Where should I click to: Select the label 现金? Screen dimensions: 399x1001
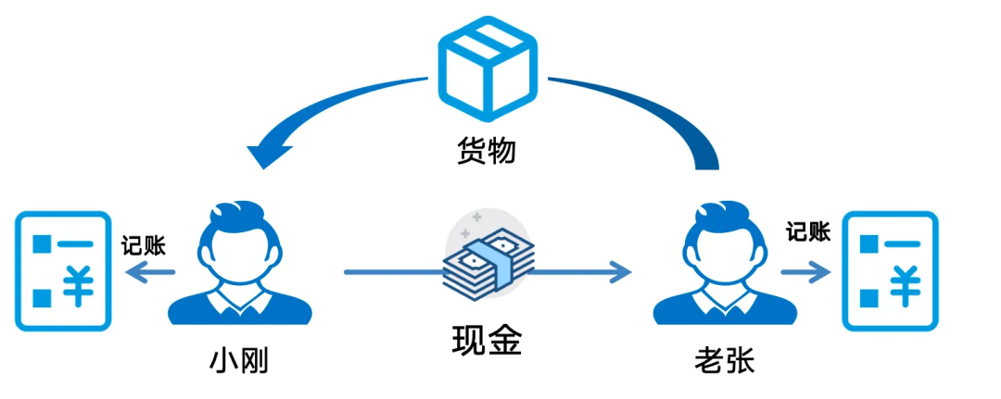pyautogui.click(x=488, y=342)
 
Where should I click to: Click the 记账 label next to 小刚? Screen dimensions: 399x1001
pyautogui.click(x=144, y=244)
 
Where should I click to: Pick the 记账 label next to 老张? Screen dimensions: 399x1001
pyautogui.click(x=808, y=231)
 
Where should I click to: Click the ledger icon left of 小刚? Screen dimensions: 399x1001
pyautogui.click(x=61, y=270)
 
